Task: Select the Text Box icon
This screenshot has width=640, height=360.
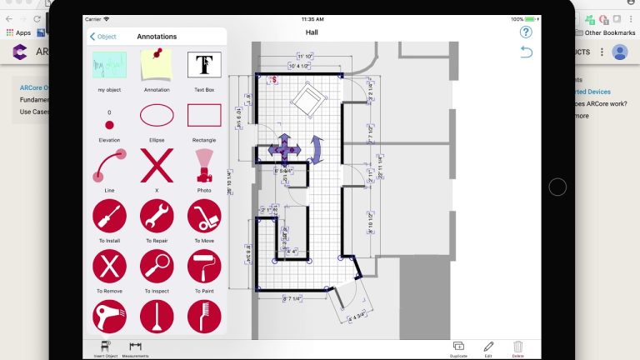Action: coord(204,65)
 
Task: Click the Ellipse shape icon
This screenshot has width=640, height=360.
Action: coord(157,115)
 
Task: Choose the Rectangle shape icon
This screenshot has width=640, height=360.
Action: coord(204,115)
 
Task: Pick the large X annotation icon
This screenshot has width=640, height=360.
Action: coord(157,165)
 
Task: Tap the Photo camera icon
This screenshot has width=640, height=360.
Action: coord(204,165)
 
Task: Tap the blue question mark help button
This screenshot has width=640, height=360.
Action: coord(526,32)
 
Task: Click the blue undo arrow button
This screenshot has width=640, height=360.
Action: coord(526,52)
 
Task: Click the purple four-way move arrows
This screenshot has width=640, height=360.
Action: coord(284,148)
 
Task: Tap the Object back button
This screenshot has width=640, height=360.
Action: coord(103,37)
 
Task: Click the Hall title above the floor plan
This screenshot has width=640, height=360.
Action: coord(312,32)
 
